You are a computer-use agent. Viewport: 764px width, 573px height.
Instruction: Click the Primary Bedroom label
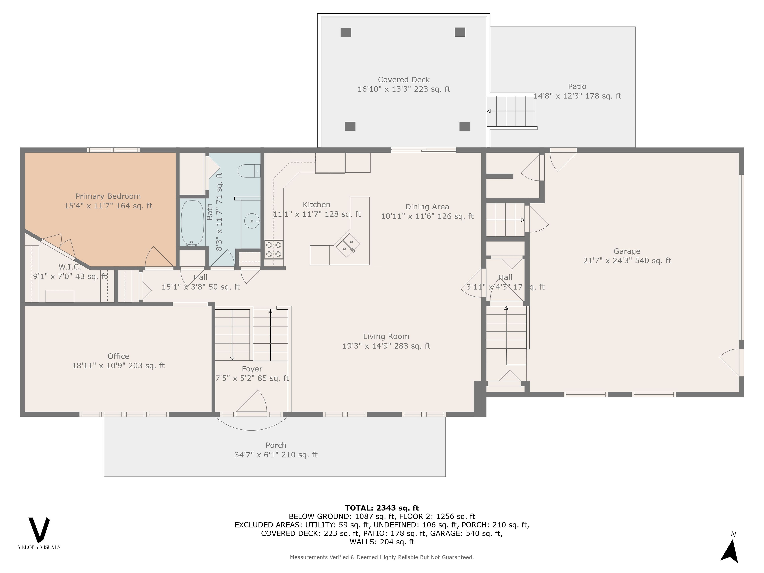coord(108,196)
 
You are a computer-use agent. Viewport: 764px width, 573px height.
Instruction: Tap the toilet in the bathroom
coord(249,171)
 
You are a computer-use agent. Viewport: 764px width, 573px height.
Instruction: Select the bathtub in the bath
coord(192,223)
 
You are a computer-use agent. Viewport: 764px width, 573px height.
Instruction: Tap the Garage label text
coord(627,251)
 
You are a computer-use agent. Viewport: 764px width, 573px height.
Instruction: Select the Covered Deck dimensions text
coord(404,89)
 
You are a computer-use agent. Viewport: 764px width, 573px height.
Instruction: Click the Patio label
coord(577,86)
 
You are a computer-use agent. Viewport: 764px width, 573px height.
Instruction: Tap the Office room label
coord(118,356)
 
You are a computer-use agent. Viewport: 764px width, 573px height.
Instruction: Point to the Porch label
coord(276,445)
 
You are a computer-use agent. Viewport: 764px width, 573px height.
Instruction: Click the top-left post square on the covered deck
coord(346,32)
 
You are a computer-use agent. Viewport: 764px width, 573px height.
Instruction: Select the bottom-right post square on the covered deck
coord(465,126)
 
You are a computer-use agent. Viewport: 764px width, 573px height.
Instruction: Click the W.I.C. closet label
coord(70,267)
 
